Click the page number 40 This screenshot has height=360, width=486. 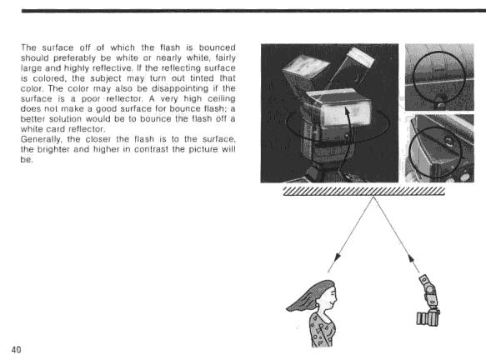coord(17,350)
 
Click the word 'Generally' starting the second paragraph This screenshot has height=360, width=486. coord(40,139)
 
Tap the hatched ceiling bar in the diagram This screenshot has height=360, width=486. coord(364,191)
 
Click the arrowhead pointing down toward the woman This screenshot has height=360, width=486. coord(338,258)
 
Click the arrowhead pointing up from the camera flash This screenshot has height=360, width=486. coord(411,259)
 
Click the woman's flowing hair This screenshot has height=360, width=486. coord(307,297)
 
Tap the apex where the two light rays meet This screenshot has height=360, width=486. coord(373,197)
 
